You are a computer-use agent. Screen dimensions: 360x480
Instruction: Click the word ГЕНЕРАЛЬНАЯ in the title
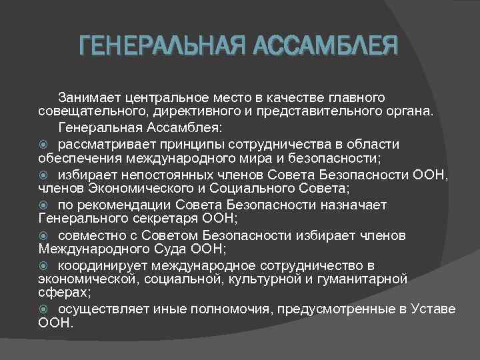point(157,47)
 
